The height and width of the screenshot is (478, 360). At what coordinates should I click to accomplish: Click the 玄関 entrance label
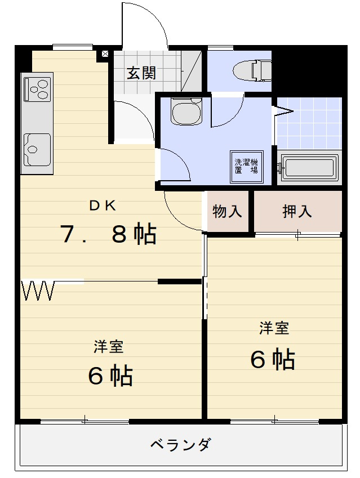[x=141, y=73]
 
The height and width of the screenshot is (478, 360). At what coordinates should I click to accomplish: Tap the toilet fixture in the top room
[x=253, y=70]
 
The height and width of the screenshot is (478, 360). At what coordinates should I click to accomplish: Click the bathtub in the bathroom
[x=309, y=168]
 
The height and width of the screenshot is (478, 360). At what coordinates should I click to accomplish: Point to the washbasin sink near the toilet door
[x=186, y=113]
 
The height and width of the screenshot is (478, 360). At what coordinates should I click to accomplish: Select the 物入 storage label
[x=227, y=212]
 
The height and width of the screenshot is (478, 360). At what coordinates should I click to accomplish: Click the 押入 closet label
[x=297, y=212]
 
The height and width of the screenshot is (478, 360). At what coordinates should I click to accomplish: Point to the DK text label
[x=103, y=206]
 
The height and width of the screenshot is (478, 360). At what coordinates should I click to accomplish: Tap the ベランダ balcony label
[x=180, y=444]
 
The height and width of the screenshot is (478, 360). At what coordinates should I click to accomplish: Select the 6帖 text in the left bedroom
[x=110, y=376]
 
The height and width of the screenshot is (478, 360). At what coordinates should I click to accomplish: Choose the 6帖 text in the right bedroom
[x=273, y=359]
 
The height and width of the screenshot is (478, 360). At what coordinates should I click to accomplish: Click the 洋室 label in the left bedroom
[x=109, y=347]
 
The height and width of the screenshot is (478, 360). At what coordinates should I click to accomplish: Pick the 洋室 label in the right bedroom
[x=274, y=329]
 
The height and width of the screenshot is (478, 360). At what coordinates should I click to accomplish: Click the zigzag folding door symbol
[x=38, y=291]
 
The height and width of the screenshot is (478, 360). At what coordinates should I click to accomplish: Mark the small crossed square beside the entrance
[x=104, y=55]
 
